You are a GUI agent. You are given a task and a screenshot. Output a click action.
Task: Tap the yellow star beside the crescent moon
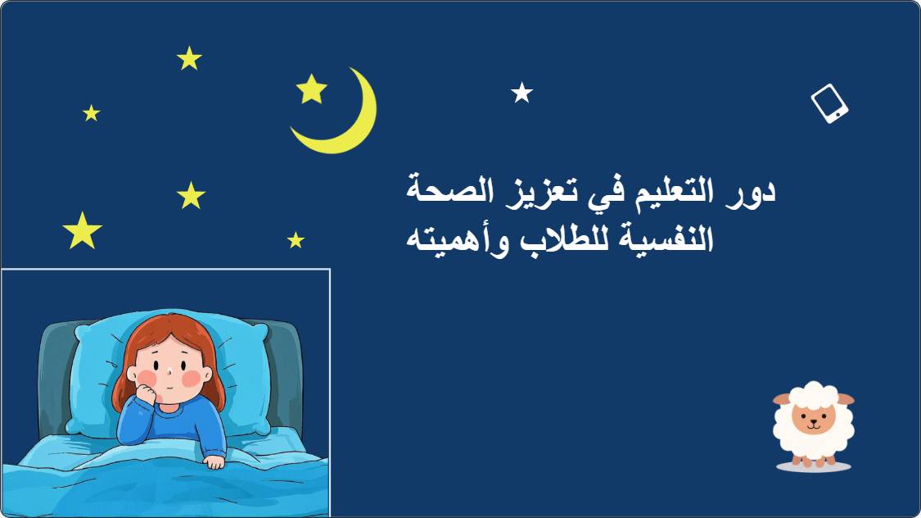[x=311, y=89]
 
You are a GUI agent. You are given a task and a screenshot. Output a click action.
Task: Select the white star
[x=521, y=93]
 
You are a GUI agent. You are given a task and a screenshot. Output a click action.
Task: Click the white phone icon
[x=829, y=103]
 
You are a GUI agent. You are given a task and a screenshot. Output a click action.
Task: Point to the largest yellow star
[x=82, y=230]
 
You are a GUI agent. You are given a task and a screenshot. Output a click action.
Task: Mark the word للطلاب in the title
[x=563, y=239]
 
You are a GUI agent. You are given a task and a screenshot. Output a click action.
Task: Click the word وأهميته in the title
[x=458, y=241]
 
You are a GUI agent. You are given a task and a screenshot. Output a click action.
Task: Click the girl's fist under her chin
[x=145, y=392]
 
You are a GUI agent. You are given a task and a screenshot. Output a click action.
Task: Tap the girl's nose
[x=168, y=371]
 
